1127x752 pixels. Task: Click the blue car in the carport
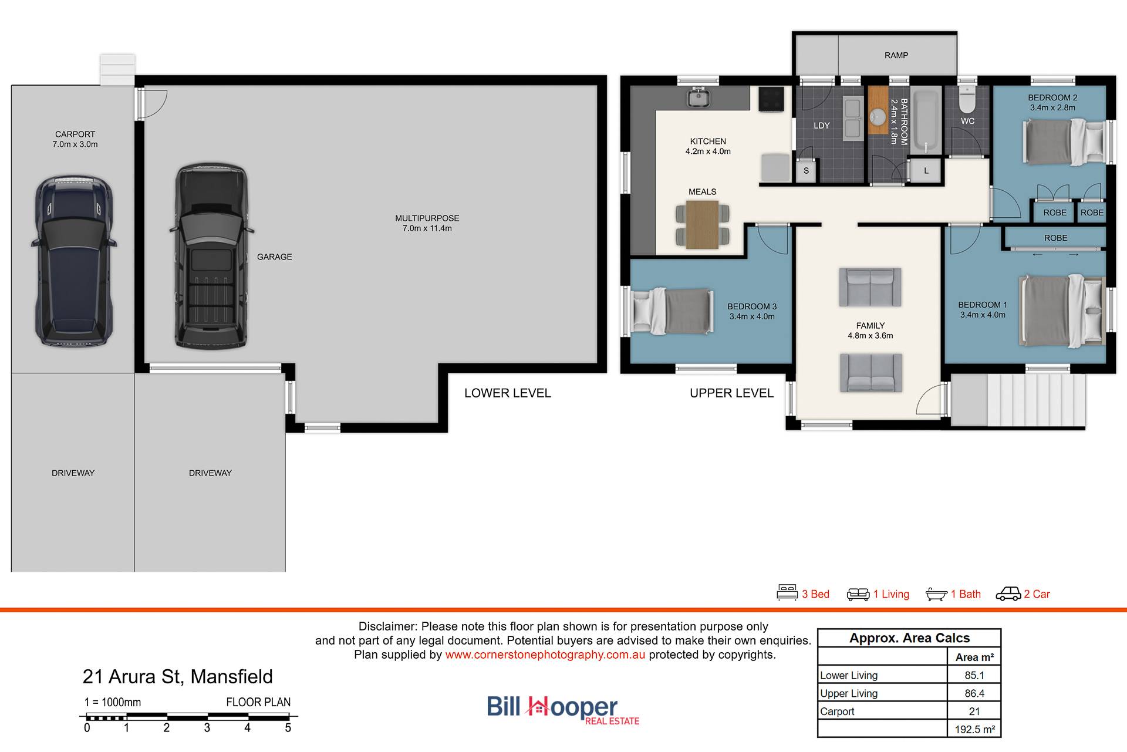(x=74, y=261)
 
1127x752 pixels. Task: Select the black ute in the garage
(x=211, y=257)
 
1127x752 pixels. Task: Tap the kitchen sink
(x=699, y=97)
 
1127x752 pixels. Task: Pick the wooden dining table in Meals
(x=703, y=225)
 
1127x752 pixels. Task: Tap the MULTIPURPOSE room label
(x=427, y=218)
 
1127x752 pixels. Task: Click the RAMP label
(x=896, y=55)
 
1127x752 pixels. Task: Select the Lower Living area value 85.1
(x=974, y=675)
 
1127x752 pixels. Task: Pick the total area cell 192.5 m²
(x=974, y=729)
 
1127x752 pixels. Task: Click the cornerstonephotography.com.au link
(x=545, y=655)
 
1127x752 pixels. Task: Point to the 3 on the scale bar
(x=207, y=728)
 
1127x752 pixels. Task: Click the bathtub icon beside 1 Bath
(x=936, y=594)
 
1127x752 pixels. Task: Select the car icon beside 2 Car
(x=1008, y=594)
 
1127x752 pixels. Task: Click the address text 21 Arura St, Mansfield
(x=177, y=677)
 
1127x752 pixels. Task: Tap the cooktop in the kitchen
(x=771, y=99)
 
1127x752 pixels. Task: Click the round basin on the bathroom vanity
(x=878, y=117)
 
